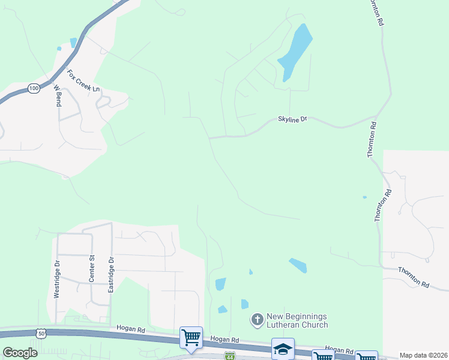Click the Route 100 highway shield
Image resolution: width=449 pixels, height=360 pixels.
[x=34, y=88]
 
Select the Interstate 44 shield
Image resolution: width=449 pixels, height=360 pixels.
[x=229, y=355]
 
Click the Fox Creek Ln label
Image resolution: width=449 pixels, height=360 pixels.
[x=83, y=81]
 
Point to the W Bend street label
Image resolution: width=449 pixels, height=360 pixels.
[x=58, y=95]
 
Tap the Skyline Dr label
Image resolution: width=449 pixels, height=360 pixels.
[x=292, y=119]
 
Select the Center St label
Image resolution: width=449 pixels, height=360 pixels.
[x=92, y=268]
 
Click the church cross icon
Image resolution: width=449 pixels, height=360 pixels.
[x=257, y=319]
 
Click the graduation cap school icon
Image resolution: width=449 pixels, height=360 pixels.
[x=283, y=348]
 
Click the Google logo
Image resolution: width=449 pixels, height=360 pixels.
[x=20, y=352]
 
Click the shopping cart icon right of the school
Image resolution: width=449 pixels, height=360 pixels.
[x=323, y=356]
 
